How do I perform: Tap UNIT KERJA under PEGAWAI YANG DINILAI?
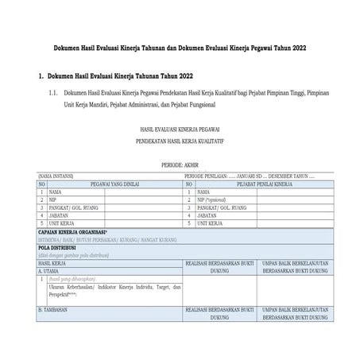point(63,223)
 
